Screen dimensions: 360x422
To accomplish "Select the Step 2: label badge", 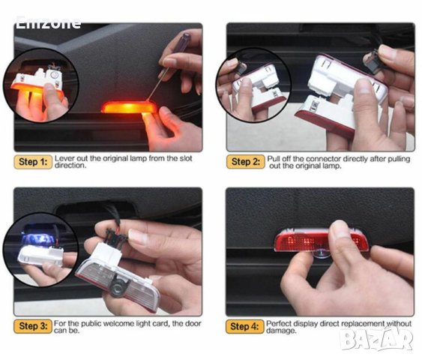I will tap(244, 161).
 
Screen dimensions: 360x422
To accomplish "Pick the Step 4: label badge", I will tap(244, 325).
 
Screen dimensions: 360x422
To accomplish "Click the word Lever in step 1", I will tap(65, 158).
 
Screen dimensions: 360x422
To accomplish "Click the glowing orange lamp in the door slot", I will tap(129, 107).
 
